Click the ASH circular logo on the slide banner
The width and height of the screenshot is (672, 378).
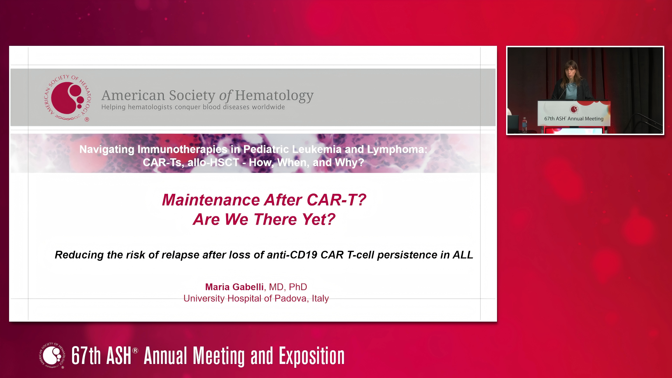67,98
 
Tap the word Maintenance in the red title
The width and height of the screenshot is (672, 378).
211,200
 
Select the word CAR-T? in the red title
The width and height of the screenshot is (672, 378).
336,200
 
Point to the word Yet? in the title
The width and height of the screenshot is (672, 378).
318,219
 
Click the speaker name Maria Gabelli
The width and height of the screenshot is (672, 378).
234,287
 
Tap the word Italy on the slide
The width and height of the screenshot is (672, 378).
320,299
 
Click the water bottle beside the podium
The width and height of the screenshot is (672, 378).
524,125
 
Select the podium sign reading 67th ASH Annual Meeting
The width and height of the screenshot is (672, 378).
574,113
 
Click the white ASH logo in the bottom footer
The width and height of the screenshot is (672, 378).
52,355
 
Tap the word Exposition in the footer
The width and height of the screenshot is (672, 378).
311,356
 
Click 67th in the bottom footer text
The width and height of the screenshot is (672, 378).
86,356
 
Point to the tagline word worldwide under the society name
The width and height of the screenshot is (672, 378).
268,107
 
